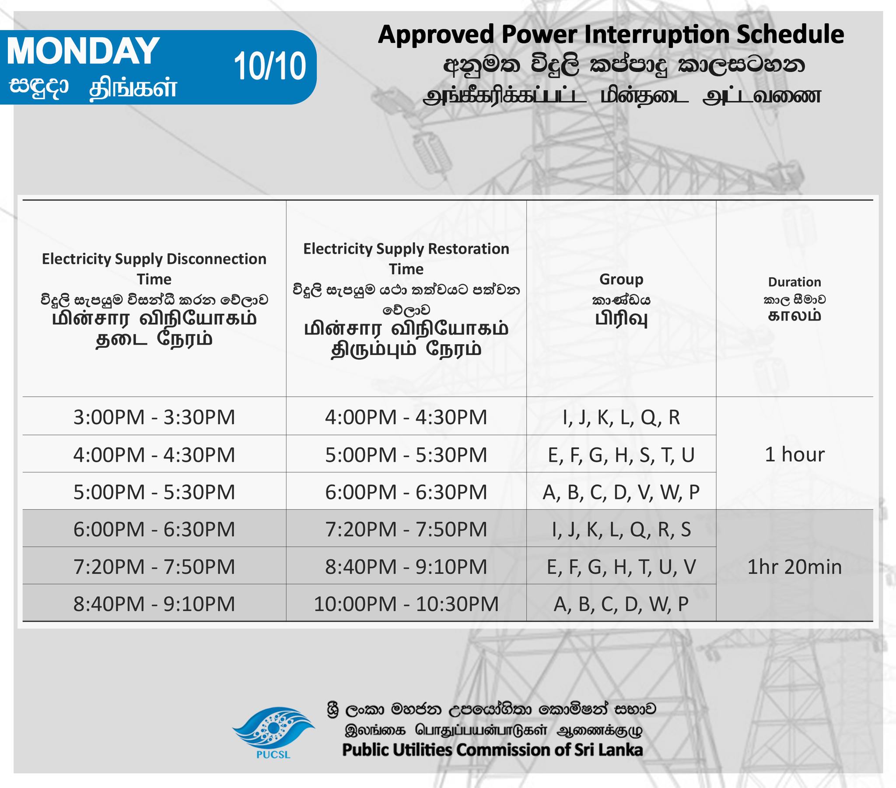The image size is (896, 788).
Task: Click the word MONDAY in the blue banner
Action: click(83, 51)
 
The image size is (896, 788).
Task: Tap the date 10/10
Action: click(269, 66)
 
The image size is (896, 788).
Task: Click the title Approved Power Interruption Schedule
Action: click(611, 35)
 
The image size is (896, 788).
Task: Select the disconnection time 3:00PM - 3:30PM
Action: click(154, 417)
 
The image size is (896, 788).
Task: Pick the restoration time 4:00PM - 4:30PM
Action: click(406, 417)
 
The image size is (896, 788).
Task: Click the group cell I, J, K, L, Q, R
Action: click(621, 417)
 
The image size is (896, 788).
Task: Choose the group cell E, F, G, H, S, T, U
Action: click(621, 454)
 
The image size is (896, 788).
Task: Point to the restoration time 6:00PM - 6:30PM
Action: click(406, 492)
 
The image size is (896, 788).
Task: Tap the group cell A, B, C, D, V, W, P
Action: click(621, 492)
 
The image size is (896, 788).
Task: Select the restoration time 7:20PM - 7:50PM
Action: click(406, 529)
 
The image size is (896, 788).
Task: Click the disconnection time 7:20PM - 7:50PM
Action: click(154, 567)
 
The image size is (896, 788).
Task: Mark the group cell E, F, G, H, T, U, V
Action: click(621, 567)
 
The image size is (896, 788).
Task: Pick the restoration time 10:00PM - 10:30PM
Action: click(406, 604)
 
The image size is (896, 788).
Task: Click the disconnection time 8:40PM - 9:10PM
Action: click(154, 604)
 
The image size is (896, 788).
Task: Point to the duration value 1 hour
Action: click(794, 454)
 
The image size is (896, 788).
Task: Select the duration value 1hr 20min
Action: click(794, 567)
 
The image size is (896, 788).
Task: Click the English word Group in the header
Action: click(621, 279)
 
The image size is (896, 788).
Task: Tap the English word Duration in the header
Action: click(794, 282)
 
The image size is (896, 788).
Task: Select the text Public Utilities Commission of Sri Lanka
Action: click(492, 750)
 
